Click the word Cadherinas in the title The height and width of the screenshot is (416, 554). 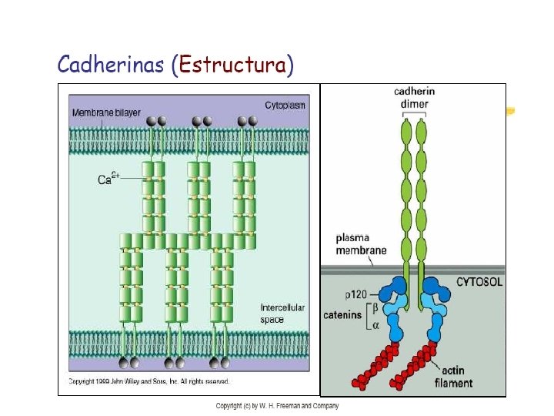point(111,65)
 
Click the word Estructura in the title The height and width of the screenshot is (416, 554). point(234,65)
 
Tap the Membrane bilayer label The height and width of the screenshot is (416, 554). point(106,113)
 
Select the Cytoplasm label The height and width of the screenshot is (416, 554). point(285,105)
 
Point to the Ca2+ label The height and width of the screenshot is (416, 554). point(108,179)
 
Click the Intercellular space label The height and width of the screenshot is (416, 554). point(282,314)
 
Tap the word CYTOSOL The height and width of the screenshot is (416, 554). point(479,282)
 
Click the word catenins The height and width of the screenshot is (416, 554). point(342,314)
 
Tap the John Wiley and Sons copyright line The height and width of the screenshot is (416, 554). point(149,381)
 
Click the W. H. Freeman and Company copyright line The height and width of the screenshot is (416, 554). point(277,406)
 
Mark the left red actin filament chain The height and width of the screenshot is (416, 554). point(373,367)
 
